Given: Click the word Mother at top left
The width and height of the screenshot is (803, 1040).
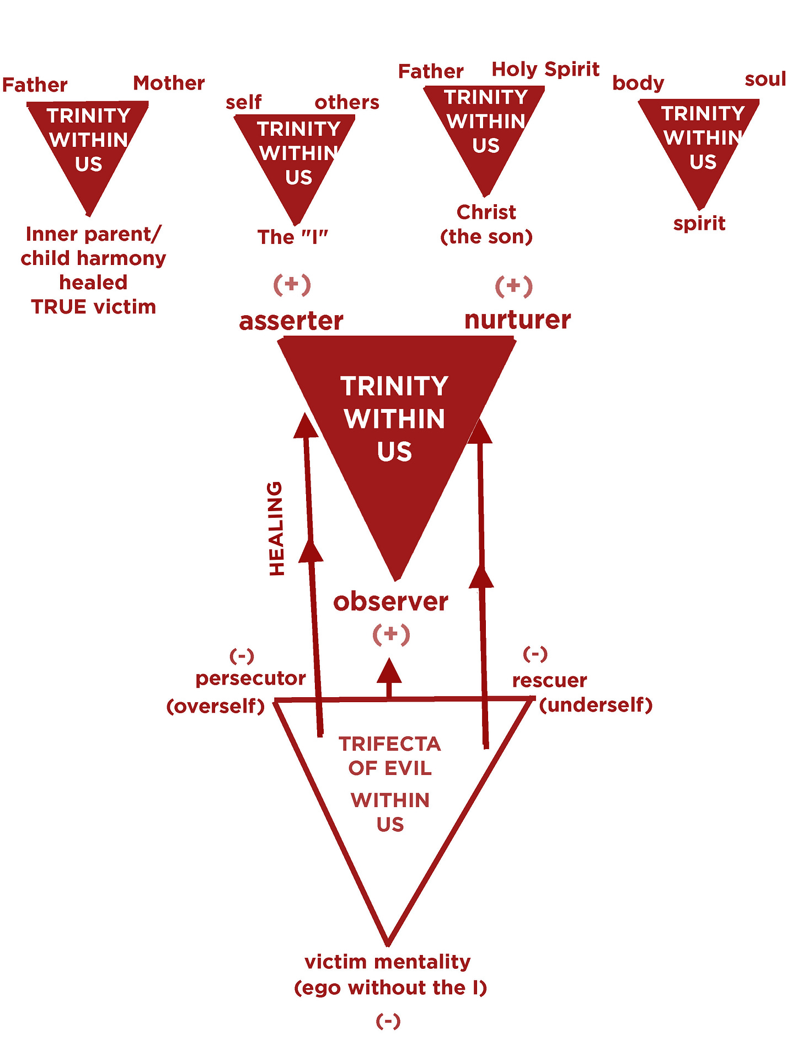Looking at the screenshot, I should (x=169, y=83).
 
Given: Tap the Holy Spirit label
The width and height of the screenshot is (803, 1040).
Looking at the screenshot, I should (x=545, y=70).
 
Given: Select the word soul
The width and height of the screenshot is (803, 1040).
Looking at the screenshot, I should (x=765, y=79).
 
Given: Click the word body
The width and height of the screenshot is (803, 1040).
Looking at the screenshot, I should (x=638, y=83).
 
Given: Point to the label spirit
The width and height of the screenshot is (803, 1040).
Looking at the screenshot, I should (x=699, y=224).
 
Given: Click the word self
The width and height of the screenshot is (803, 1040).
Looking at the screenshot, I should (x=243, y=102).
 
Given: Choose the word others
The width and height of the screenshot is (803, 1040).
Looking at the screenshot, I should (x=347, y=102).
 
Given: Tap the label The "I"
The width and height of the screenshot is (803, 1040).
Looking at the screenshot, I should (x=292, y=237).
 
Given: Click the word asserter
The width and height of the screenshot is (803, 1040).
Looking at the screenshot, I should (x=291, y=321).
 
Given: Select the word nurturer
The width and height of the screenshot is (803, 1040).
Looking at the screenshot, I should (x=517, y=320).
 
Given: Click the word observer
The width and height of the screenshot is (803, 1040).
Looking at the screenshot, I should (x=390, y=601).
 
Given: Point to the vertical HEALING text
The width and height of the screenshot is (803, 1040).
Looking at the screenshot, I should (x=276, y=528).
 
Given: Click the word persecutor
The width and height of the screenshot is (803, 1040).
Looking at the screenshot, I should (x=250, y=678).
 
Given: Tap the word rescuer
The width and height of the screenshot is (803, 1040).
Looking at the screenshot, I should (x=549, y=680).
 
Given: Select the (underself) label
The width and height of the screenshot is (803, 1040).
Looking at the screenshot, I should (x=596, y=704).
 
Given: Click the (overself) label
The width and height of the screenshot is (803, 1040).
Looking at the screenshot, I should (x=216, y=705).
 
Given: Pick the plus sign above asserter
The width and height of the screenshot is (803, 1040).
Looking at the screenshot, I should (x=292, y=284).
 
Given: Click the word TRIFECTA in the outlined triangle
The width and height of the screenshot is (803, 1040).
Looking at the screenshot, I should (x=389, y=744).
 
